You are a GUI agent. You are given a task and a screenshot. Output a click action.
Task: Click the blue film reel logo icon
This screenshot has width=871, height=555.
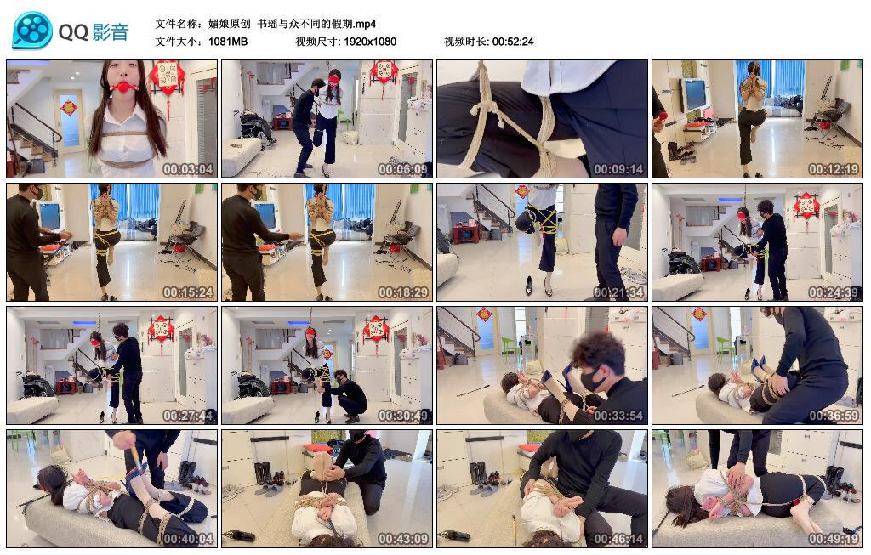[32, 30]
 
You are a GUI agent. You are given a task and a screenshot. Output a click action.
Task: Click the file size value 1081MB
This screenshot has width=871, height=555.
[228, 42]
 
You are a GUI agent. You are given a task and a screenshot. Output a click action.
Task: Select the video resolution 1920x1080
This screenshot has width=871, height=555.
[370, 42]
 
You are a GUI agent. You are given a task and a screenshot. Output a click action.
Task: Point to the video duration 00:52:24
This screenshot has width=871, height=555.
[513, 42]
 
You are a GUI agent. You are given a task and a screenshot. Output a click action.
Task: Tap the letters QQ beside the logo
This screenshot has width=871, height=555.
[73, 32]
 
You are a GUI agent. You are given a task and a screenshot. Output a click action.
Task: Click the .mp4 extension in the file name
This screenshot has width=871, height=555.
[365, 24]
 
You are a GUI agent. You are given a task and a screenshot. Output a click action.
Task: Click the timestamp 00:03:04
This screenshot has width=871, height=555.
[188, 169]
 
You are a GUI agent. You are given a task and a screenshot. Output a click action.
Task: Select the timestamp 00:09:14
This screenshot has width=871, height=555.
[618, 169]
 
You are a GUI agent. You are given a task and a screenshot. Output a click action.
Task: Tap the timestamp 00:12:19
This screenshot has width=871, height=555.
[834, 169]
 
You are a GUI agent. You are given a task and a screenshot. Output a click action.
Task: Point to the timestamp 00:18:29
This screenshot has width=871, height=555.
[402, 292]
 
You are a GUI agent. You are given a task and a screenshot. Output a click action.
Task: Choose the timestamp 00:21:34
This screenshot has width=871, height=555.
[618, 292]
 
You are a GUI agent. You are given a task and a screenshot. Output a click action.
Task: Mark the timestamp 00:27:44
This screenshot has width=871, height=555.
[188, 415]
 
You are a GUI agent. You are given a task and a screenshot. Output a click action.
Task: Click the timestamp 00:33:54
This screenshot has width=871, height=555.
[618, 415]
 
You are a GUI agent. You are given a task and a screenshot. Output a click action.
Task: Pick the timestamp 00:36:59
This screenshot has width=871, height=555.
[834, 415]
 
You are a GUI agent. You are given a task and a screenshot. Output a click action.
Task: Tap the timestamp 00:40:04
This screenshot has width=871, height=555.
[188, 538]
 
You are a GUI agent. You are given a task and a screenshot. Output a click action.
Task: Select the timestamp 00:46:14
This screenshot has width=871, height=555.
[618, 538]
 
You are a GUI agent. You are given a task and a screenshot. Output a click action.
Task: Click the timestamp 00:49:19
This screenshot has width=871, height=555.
[834, 538]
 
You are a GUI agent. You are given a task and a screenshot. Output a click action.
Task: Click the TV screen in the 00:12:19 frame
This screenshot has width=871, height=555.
[694, 93]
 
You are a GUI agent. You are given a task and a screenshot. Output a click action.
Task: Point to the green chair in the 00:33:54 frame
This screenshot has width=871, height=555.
[510, 348]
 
